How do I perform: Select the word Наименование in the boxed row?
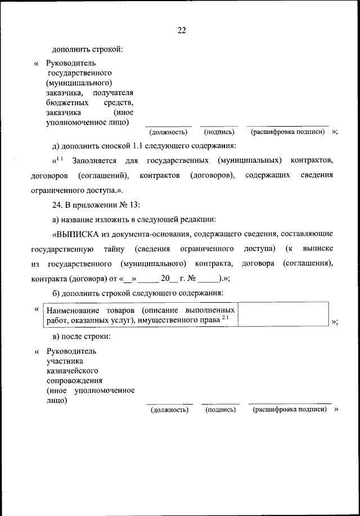click(70, 310)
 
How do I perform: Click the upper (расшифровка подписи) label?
click(289, 132)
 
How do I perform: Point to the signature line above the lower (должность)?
click(169, 403)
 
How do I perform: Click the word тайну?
click(116, 249)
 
